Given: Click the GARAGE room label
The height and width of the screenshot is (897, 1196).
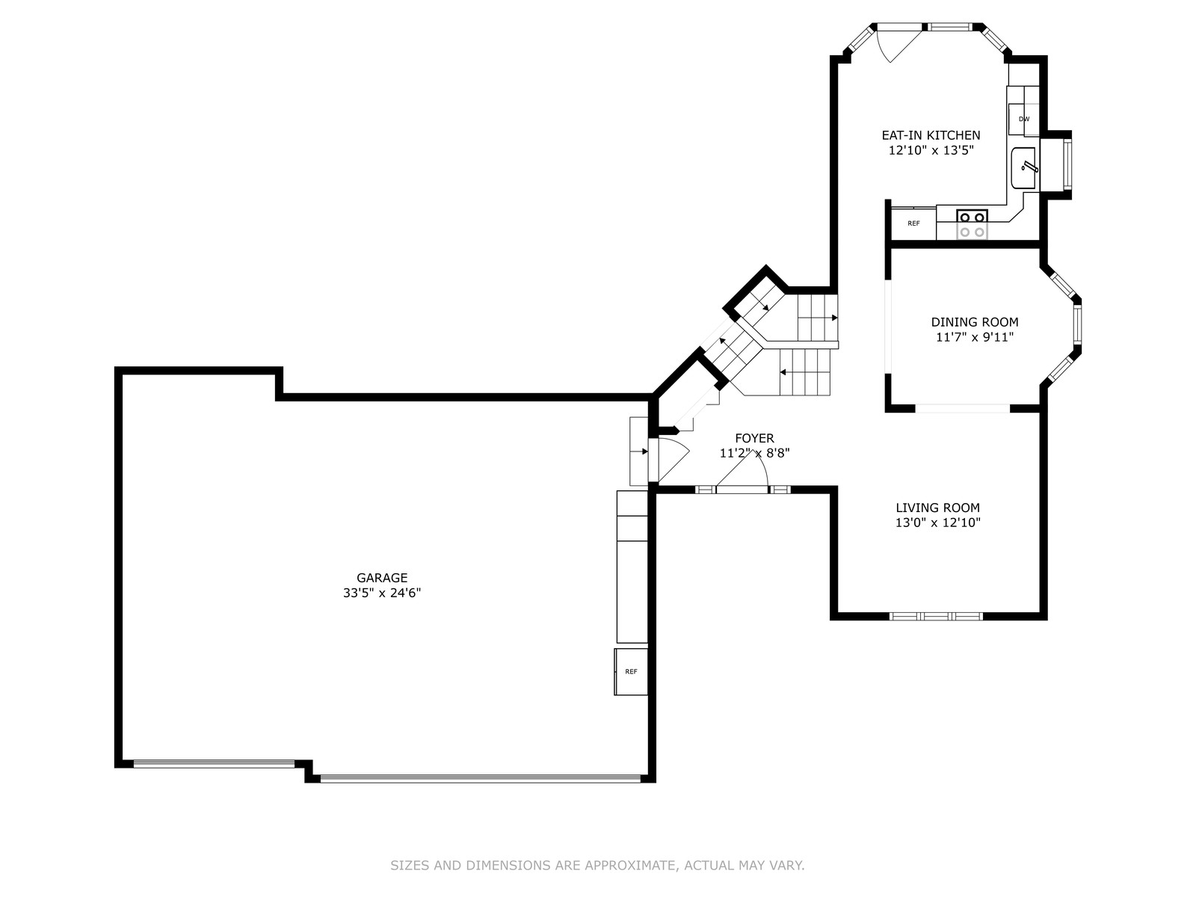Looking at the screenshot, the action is point(382,578).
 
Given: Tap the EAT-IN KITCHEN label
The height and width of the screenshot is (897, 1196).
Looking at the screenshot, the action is point(931,135).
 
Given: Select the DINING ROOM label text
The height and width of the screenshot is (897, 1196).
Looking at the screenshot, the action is point(974,322).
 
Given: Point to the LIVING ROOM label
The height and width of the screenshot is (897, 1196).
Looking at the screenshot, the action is point(937,508).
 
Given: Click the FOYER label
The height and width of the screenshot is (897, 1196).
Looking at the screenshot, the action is point(754,438).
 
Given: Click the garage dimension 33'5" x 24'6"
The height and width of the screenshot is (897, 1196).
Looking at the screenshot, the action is point(382,593).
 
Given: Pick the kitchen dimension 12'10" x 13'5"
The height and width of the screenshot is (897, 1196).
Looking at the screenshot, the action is point(931,150).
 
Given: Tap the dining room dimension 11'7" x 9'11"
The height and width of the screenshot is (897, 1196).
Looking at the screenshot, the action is point(974,337).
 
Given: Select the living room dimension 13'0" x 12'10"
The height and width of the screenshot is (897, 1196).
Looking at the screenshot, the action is point(937,523).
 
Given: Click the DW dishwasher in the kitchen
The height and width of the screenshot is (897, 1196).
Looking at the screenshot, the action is point(1024,119).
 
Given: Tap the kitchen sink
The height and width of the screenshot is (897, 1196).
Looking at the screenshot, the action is point(1023,167).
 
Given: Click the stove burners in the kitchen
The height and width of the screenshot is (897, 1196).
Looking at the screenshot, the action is point(972,224).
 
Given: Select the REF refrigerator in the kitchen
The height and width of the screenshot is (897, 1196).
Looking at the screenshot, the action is point(913,224).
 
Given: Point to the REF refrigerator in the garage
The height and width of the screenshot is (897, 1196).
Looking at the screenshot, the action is point(631,671).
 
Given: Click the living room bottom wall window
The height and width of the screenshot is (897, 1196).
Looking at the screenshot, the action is point(936,617).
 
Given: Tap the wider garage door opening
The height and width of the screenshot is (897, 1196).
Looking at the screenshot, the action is point(481,779).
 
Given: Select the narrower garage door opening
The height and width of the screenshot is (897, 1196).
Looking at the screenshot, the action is point(214,763).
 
